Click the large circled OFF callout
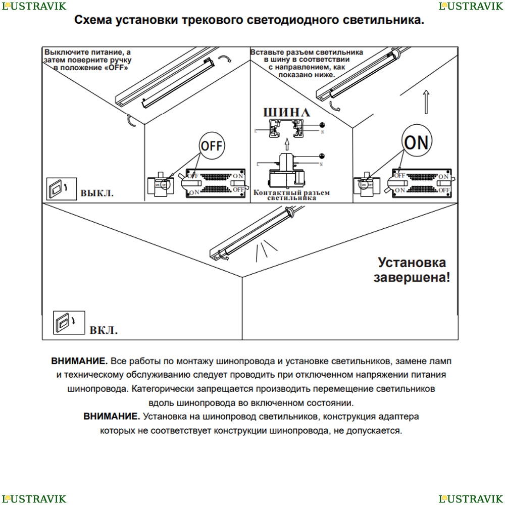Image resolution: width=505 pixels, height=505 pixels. (212, 146)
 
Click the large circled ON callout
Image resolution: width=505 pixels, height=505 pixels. (417, 142)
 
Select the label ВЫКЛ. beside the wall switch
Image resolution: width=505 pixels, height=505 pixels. (97, 193)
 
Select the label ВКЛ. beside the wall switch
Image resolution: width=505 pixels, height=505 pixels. (104, 331)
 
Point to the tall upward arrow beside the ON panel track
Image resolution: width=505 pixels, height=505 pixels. (426, 103)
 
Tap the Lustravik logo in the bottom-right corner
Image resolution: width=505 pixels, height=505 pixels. (471, 499)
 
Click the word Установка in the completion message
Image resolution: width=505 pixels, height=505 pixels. (412, 263)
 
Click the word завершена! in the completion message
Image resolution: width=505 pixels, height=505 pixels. (411, 277)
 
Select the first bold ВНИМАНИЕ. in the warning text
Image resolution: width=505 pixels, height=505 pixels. (79, 362)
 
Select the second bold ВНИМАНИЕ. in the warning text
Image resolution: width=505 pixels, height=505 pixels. (112, 417)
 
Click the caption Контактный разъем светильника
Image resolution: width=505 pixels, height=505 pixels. (291, 195)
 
